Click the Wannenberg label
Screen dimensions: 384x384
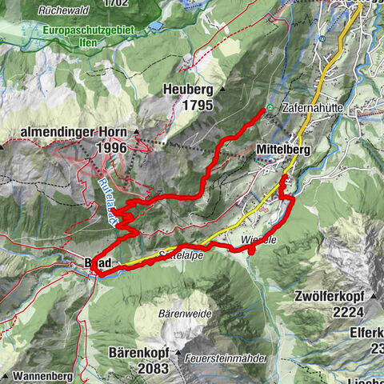point(47,375)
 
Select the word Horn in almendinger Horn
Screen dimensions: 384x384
point(118,133)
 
